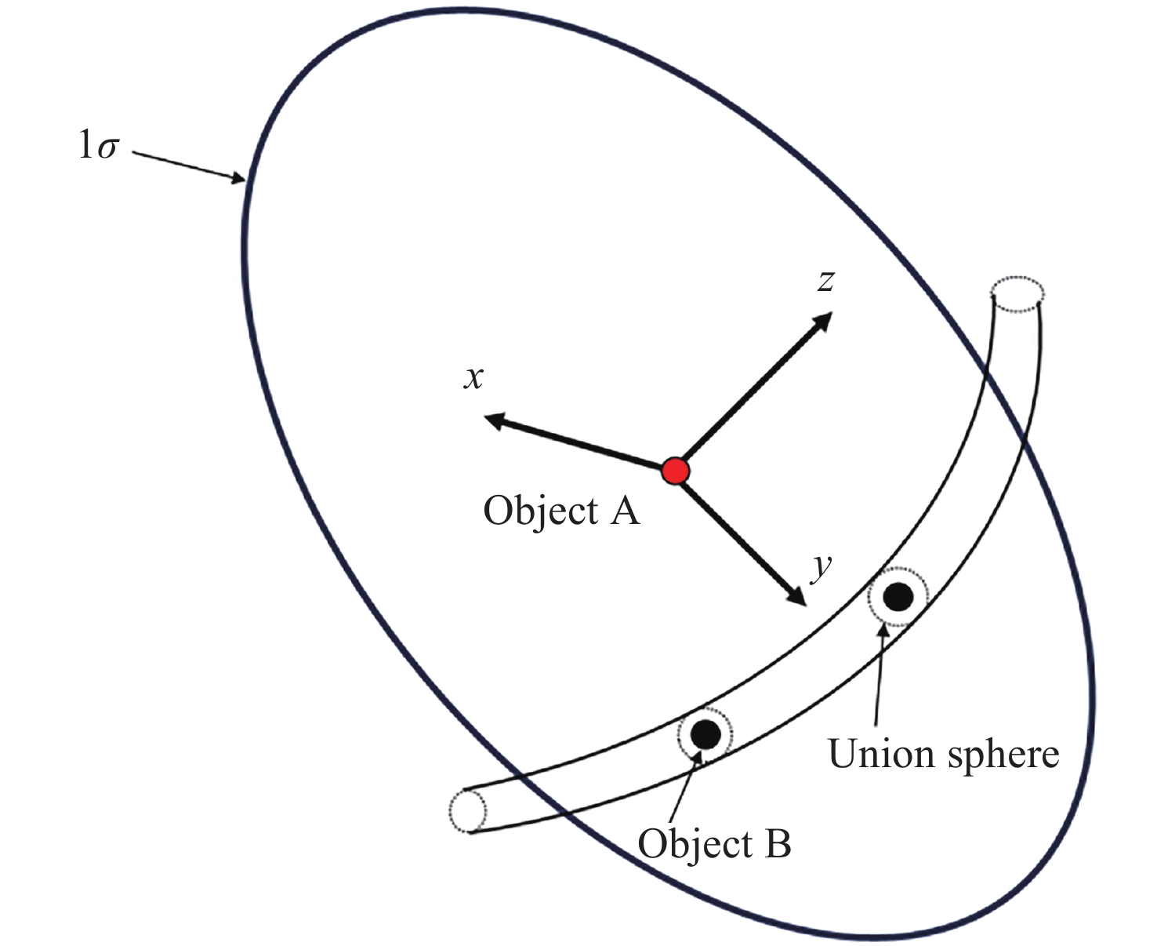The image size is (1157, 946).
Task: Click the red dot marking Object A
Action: [x=675, y=471]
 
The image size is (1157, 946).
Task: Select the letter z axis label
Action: [x=824, y=280]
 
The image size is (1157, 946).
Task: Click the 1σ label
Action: [x=98, y=146]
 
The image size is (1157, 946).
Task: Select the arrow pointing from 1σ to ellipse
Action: [x=189, y=167]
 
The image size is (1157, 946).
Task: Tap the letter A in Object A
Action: [x=624, y=511]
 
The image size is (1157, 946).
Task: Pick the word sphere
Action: [x=1003, y=755]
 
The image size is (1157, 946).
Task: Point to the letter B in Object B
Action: [x=777, y=845]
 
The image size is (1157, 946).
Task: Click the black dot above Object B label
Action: [x=705, y=734]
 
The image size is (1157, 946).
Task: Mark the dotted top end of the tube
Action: [x=1017, y=293]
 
